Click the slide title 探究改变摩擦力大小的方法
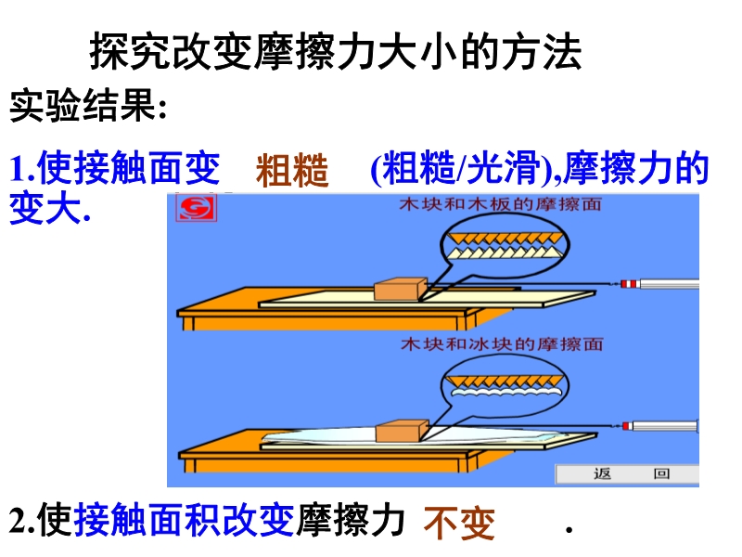click(x=336, y=51)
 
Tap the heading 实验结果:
click(x=88, y=105)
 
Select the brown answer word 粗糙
click(x=292, y=170)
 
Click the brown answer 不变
click(x=459, y=524)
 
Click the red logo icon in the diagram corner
click(x=197, y=207)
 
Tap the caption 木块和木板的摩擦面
click(x=500, y=204)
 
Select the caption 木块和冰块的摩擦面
click(x=502, y=343)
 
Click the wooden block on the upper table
click(x=401, y=289)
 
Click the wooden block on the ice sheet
click(x=402, y=431)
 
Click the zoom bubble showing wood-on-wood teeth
click(x=505, y=245)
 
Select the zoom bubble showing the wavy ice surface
click(x=505, y=386)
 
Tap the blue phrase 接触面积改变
click(x=184, y=520)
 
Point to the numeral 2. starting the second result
click(x=21, y=521)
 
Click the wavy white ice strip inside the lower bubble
click(x=505, y=392)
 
